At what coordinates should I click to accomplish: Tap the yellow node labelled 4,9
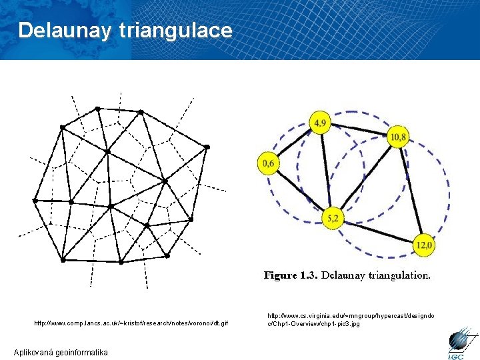point(321,123)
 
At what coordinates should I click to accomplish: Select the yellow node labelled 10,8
point(399,137)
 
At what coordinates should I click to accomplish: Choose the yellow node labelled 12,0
point(423,245)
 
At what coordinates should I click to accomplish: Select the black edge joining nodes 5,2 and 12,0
point(378,232)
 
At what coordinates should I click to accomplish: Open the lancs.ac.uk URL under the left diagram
point(131,323)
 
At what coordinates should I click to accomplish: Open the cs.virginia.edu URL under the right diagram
point(351,319)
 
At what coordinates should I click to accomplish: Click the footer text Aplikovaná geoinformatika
point(61,352)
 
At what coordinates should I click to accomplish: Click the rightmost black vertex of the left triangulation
point(207,146)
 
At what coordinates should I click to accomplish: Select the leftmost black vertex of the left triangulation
point(35,200)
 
